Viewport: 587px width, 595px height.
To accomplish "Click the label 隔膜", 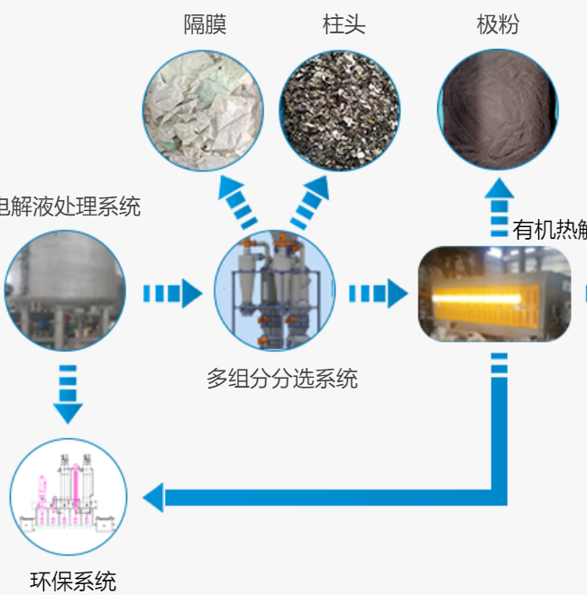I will click(x=205, y=24).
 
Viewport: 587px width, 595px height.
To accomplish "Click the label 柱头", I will click(x=344, y=24).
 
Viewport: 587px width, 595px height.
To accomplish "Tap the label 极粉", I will click(x=498, y=24).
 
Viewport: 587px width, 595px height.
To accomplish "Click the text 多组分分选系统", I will click(x=281, y=379).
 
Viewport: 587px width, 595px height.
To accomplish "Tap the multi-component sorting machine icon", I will click(x=274, y=290).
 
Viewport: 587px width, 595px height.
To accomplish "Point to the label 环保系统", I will click(x=73, y=581).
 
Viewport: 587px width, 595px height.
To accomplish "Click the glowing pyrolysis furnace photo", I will click(x=495, y=293).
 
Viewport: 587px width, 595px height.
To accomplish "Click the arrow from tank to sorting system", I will click(x=171, y=293).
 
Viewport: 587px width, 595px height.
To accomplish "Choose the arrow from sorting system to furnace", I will click(x=377, y=293).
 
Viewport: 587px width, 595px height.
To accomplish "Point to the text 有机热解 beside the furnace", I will click(x=549, y=229).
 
